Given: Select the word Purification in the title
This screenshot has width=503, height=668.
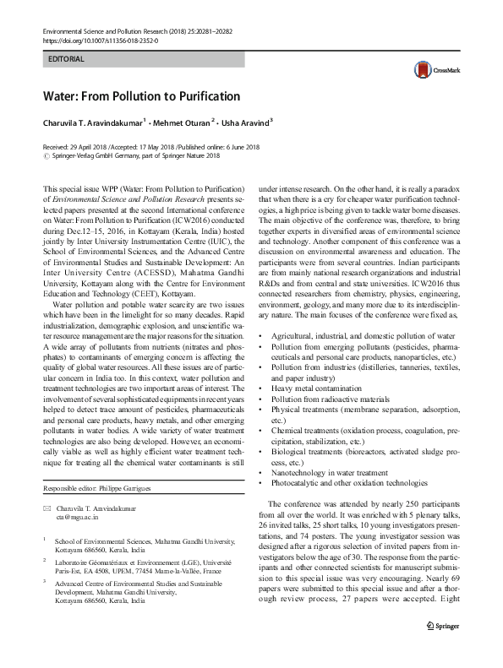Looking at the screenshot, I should coord(203,96).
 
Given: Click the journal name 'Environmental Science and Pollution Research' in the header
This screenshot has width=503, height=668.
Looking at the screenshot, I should coord(101,30).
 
